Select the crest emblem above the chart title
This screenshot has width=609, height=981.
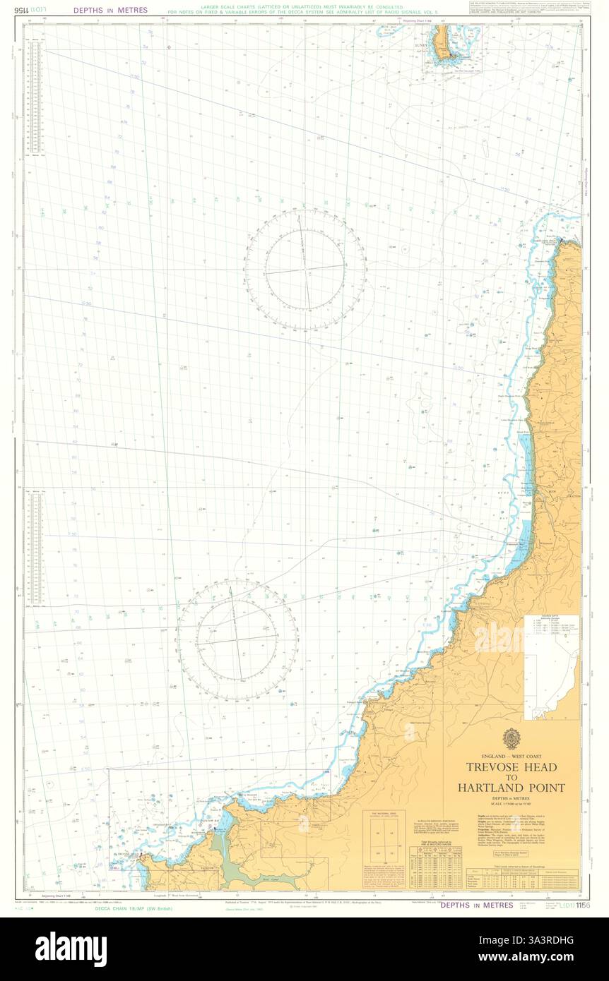click(512, 740)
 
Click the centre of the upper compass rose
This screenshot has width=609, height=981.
click(305, 269)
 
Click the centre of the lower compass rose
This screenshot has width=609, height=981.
click(237, 640)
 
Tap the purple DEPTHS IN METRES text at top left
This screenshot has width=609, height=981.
click(110, 11)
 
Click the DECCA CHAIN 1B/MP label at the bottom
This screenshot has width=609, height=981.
click(134, 908)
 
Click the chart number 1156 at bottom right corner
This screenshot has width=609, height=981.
click(582, 905)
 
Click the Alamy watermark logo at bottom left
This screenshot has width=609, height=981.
click(71, 947)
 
